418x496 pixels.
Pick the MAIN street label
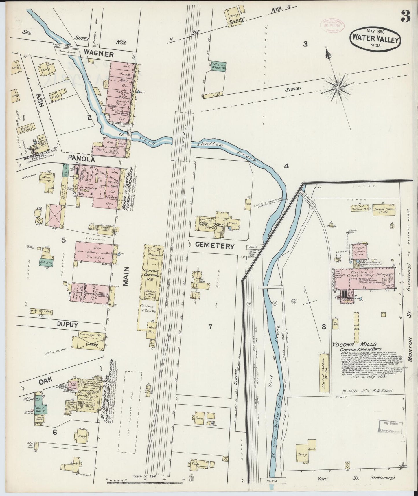(x=126, y=276)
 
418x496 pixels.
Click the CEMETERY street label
(x=214, y=246)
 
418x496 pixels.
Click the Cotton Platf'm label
(x=148, y=309)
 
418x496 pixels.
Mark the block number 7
(x=210, y=327)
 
